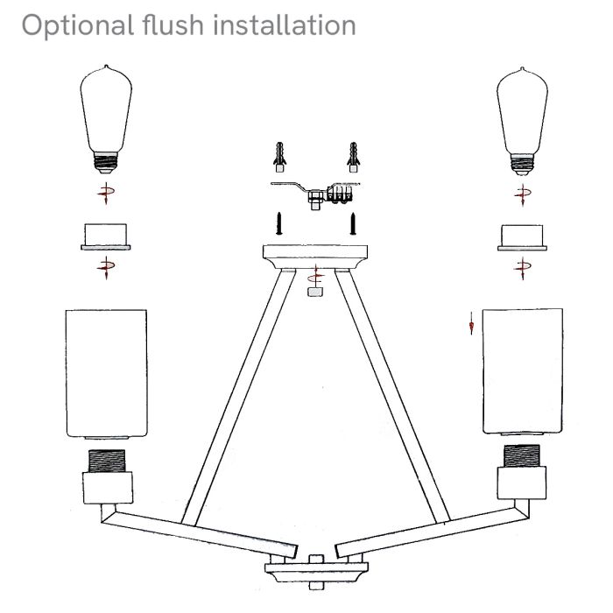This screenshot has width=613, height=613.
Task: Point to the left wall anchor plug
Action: (278, 157)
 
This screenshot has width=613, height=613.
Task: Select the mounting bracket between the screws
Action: (315, 194)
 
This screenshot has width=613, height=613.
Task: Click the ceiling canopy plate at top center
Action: (315, 256)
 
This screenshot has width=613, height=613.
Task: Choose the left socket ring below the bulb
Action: (104, 237)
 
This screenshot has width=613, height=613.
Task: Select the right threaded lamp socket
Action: (523, 454)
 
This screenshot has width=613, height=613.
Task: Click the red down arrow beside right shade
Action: (471, 327)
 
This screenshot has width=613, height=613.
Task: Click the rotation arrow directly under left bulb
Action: (108, 194)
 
